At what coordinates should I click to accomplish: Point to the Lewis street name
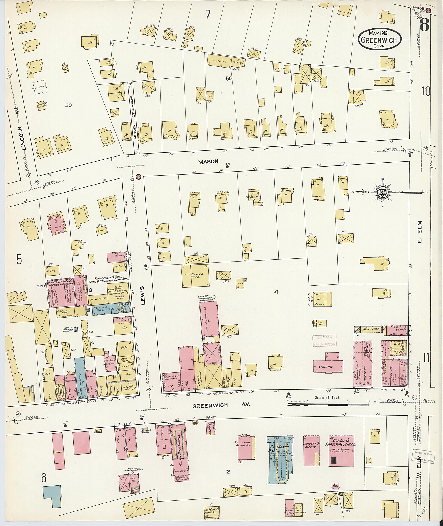pyautogui.click(x=143, y=295)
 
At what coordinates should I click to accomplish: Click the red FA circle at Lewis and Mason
pyautogui.click(x=138, y=177)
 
